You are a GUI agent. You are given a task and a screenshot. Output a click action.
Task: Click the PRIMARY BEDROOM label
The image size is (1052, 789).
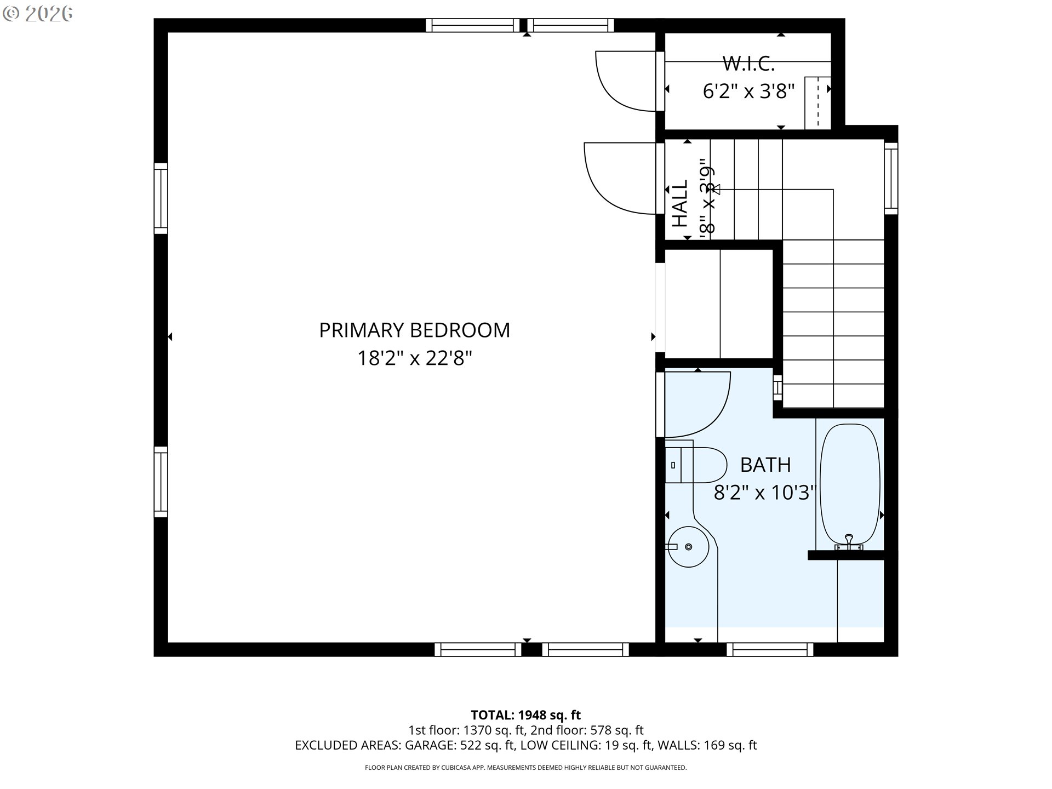coord(414,330)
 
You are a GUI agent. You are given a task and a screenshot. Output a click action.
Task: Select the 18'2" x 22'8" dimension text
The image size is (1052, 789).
coord(414,359)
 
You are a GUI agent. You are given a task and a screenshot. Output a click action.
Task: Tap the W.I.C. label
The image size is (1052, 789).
coord(748,64)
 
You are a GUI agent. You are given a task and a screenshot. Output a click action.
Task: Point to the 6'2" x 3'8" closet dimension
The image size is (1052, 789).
coord(748,92)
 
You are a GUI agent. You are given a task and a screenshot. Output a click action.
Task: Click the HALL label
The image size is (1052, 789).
coord(680,203)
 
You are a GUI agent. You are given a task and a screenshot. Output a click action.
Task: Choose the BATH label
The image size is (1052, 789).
coord(765,465)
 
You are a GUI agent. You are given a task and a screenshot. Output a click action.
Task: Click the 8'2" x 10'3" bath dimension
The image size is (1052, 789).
coord(765,493)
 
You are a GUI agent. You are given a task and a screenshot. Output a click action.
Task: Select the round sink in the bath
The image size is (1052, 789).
coord(688,546)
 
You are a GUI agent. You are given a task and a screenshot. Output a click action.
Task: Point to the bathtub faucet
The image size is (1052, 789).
coord(849,541)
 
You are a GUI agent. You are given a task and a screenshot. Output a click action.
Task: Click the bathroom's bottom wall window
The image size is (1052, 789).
coord(770,650)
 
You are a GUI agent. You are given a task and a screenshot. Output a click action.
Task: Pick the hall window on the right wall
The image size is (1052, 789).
coord(891,178)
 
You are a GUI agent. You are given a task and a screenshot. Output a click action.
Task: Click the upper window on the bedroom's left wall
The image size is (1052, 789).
coord(161,198)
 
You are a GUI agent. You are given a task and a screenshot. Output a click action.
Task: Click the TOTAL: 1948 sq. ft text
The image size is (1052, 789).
coord(525,715)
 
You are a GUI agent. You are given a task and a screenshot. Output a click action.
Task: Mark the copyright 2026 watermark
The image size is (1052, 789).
coord(37,14)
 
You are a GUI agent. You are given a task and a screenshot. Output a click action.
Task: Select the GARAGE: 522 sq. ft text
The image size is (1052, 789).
coord(460,745)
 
